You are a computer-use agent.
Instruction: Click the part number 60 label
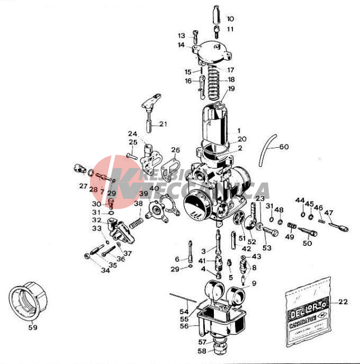[284, 147]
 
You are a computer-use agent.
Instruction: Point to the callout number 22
[343, 302]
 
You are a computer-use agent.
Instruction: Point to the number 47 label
[329, 213]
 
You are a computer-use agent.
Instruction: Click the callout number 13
[181, 35]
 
